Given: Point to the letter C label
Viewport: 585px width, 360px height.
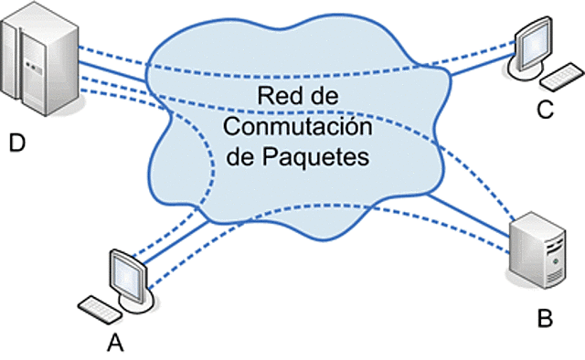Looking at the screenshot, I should tap(545, 111).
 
